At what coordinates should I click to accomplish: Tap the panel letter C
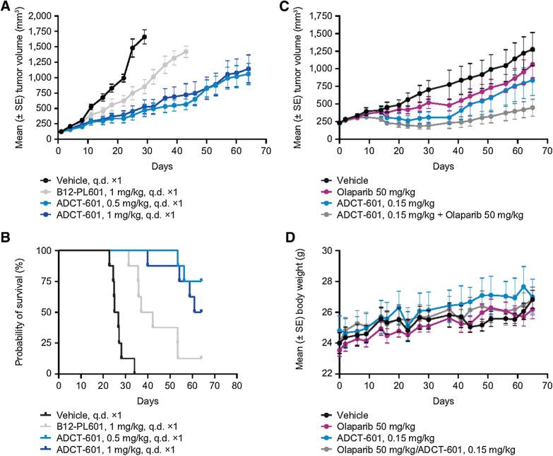[x=286, y=6]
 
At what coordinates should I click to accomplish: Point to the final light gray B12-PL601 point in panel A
[x=186, y=51]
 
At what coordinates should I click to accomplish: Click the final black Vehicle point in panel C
[x=532, y=49]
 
